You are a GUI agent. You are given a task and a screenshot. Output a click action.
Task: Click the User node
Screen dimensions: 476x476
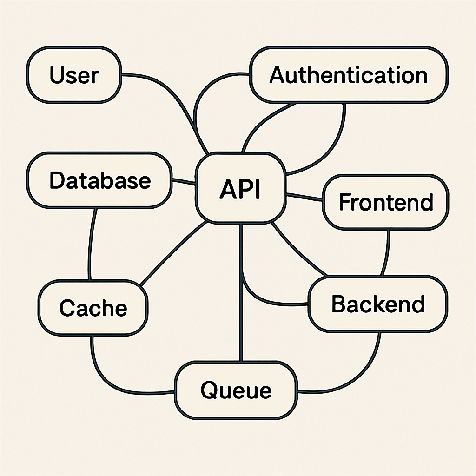point(74,75)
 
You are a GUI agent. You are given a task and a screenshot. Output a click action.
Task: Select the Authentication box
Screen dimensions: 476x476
point(349,75)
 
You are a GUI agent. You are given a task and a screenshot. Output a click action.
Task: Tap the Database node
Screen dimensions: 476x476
point(99,180)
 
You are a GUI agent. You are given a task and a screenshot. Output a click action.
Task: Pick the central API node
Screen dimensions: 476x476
point(240,188)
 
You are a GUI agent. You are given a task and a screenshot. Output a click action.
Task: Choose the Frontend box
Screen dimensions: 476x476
point(385,202)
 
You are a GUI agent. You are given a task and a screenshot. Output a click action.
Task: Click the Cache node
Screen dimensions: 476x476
point(93,308)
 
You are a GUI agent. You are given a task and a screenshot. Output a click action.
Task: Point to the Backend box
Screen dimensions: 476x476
point(378,304)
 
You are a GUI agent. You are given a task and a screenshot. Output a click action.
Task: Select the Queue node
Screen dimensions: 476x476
point(236,390)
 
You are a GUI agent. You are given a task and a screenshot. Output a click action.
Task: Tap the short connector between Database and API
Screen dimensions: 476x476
point(184,182)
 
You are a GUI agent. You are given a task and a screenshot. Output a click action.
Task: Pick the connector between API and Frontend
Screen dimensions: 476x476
point(304,197)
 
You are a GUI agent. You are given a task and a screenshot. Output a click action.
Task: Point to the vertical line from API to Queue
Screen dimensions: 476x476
point(241,293)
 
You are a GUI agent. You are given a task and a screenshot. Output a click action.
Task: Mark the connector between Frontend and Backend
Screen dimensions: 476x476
point(386,253)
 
